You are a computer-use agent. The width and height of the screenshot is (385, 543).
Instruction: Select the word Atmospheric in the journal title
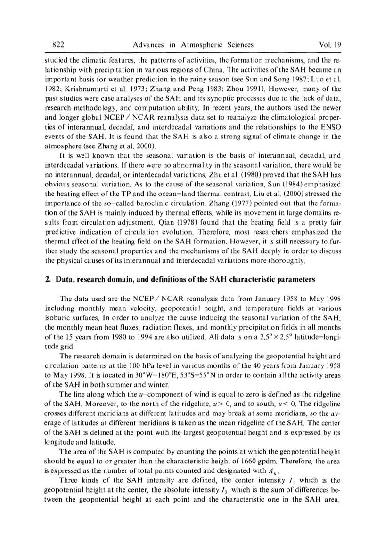(192, 45)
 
